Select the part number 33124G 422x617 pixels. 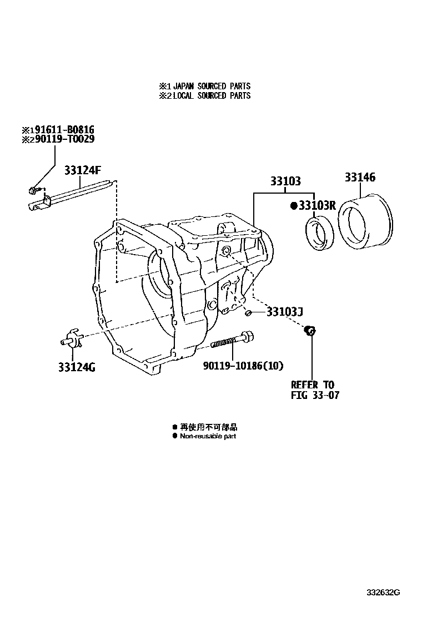(x=76, y=367)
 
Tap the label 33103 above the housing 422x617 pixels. (x=285, y=181)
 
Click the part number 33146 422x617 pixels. (x=360, y=178)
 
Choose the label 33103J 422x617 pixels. (x=284, y=312)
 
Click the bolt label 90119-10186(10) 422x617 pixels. (x=243, y=366)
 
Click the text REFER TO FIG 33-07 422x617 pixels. (x=314, y=390)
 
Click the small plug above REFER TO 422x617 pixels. (x=311, y=331)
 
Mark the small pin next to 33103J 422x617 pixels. (x=249, y=313)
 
